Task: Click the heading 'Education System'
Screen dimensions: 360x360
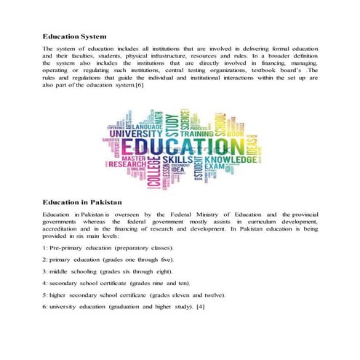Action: [75, 36]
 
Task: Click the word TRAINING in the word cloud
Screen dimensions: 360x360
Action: [196, 134]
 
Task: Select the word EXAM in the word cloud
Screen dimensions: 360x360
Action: [214, 167]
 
